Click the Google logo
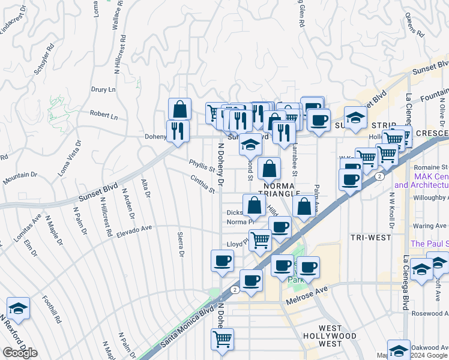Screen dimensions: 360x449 point(19,352)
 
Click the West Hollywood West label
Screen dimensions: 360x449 point(330,332)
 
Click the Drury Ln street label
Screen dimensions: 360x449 point(103,89)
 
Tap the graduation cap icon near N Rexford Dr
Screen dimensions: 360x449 point(19,308)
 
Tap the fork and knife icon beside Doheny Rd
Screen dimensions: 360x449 point(178,131)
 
